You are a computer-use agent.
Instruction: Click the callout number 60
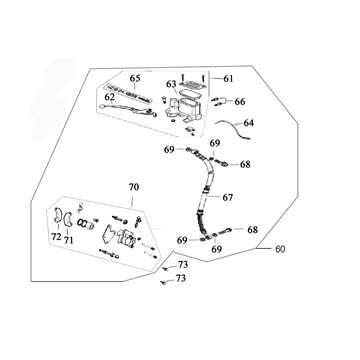[280, 249]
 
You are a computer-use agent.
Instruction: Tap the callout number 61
[228, 79]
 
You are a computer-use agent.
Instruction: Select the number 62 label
[109, 97]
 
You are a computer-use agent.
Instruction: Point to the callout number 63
[171, 84]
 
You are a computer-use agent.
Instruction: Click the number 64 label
[248, 123]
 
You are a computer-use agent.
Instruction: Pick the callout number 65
[135, 79]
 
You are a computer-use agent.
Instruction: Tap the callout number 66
[240, 102]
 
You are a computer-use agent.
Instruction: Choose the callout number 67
[228, 198]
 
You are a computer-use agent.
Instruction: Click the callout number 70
[134, 188]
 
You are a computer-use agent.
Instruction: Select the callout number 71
[68, 240]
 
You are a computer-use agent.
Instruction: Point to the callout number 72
[56, 237]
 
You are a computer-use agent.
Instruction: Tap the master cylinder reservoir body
[182, 107]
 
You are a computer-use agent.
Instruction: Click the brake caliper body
[125, 237]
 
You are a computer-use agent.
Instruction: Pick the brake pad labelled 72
[57, 216]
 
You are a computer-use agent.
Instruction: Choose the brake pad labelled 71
[68, 218]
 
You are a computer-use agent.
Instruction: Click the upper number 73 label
[183, 265]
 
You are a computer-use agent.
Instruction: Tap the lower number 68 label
[252, 230]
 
